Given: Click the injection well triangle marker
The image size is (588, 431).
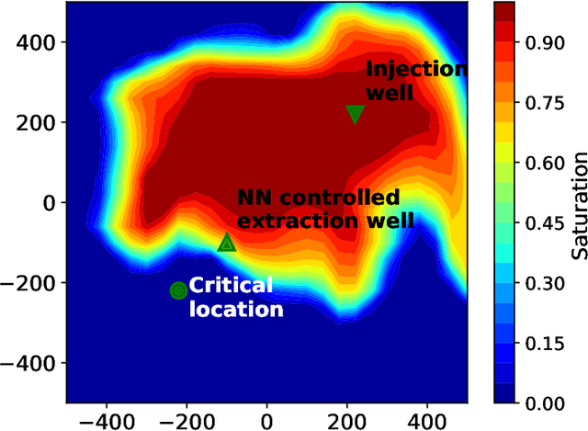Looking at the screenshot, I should point(356,114).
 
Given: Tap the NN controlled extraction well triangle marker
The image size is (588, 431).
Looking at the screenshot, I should point(227,243).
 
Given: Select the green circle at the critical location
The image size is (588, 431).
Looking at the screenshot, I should point(178,290).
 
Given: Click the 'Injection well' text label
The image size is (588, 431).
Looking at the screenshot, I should point(415,81).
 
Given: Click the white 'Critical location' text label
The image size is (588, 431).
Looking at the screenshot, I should point(235,297).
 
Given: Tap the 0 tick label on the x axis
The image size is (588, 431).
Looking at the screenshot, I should point(267,419).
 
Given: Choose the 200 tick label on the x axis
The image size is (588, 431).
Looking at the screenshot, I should point(347,419).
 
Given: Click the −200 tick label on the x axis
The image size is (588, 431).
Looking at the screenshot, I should point(181,419).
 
